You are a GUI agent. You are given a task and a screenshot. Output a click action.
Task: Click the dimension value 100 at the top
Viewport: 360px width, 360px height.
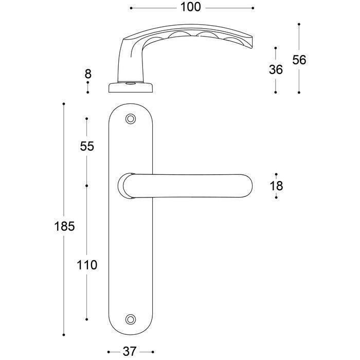point(191,7)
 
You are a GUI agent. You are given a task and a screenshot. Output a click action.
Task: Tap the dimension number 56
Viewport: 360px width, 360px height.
point(299,60)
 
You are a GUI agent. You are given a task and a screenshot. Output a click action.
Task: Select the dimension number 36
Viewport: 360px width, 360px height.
point(276,69)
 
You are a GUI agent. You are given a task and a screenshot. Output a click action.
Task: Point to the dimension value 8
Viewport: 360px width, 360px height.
point(88,74)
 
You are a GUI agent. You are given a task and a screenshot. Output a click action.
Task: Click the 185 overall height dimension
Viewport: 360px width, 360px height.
point(64,226)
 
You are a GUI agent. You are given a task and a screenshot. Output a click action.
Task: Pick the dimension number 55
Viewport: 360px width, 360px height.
point(87,146)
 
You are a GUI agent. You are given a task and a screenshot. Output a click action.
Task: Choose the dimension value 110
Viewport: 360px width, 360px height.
point(87,265)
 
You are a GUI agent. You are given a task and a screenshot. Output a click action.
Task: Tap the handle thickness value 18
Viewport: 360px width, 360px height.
point(277,186)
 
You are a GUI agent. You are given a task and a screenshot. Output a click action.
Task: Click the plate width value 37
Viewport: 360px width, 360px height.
point(130,351)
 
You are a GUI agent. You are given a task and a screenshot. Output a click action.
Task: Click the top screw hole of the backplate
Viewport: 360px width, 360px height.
point(131,119)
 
